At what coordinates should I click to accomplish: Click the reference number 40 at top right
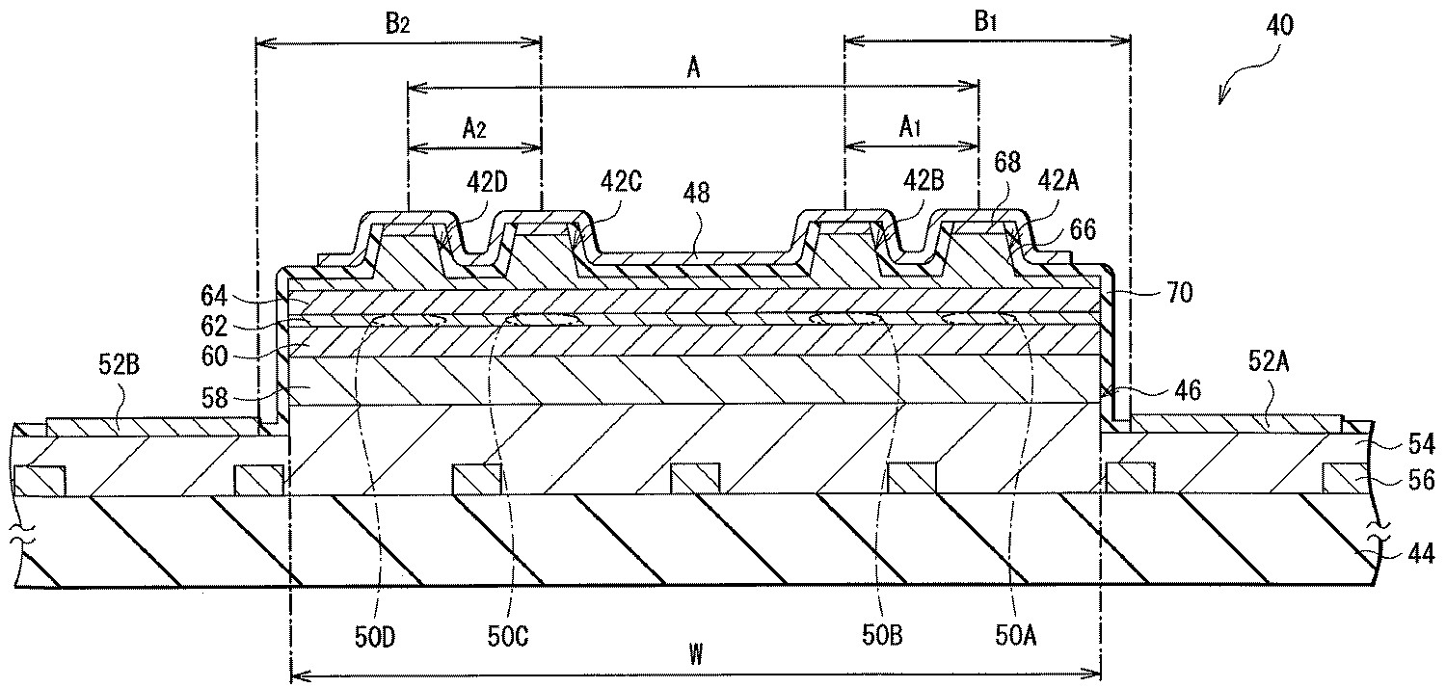pos(1279,25)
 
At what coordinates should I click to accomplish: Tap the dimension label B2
pos(397,24)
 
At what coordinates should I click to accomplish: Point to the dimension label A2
pos(474,128)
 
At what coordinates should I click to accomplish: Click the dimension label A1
pos(910,128)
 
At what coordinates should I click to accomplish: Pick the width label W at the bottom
pos(695,656)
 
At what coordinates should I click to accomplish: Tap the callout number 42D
pos(487,183)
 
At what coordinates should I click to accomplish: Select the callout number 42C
pos(621,183)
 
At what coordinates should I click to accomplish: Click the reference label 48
pos(696,193)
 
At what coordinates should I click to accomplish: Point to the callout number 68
pos(1007,162)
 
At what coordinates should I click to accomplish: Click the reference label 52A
pos(1269,362)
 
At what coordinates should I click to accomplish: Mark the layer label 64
pos(214,296)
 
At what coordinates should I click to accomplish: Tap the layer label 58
pos(214,397)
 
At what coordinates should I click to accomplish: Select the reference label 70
pos(1179,293)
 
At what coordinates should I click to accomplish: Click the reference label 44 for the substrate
pos(1421,553)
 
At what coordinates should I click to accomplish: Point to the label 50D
pos(375,637)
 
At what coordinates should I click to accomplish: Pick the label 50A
pos(1016,636)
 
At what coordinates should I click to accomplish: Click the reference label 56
pos(1421,480)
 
